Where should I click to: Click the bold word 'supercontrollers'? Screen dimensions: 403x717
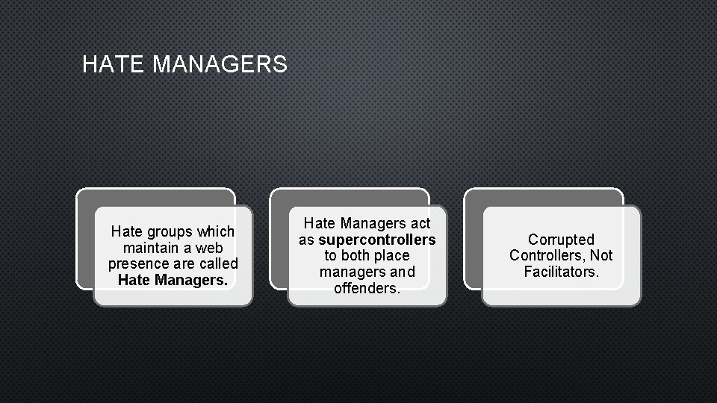click(377, 240)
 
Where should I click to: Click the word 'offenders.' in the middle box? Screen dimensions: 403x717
click(367, 288)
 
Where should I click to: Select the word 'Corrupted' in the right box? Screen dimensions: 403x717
click(561, 240)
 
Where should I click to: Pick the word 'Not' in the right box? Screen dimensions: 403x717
click(601, 256)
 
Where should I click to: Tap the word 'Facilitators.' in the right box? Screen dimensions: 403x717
click(561, 272)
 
